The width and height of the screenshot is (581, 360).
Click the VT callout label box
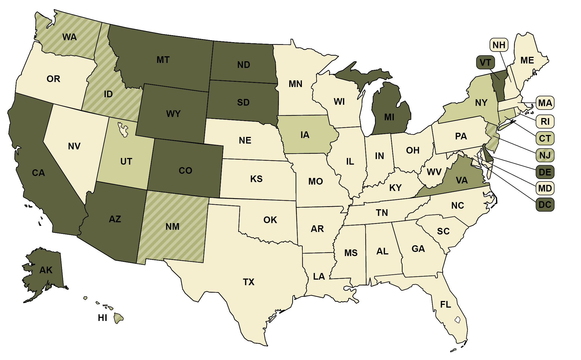click(485, 62)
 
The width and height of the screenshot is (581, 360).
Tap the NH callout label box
click(499, 45)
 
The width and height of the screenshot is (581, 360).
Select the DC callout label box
click(545, 205)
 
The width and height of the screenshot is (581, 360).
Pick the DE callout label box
click(545, 172)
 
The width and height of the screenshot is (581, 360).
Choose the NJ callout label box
click(545, 155)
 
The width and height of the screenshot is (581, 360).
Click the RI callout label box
click(545, 121)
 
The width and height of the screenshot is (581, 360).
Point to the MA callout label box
click(545, 103)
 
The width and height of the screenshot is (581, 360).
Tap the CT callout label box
click(545, 138)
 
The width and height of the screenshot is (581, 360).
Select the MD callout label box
click(545, 188)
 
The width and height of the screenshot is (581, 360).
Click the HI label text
click(102, 318)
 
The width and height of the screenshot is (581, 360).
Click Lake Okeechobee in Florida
click(457, 320)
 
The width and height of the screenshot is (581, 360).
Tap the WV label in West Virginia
click(434, 172)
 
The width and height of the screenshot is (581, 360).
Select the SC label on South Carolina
click(443, 231)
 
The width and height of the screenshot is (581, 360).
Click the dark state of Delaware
click(488, 157)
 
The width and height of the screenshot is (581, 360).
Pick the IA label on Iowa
click(305, 135)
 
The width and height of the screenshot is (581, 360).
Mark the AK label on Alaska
click(46, 270)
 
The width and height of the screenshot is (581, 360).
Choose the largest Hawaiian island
click(119, 318)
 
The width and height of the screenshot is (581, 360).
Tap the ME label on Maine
click(527, 60)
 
